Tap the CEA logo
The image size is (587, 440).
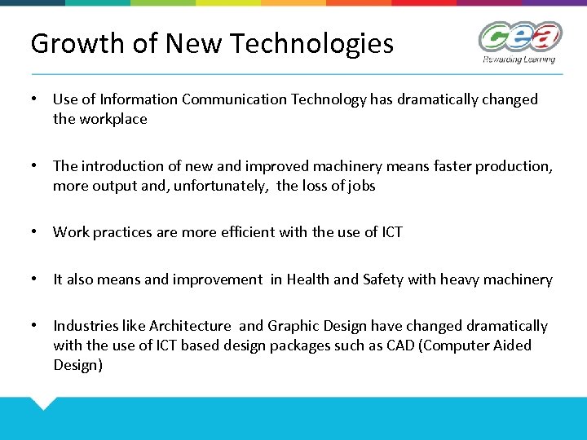(x=519, y=37)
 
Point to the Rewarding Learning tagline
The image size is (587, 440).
(x=519, y=59)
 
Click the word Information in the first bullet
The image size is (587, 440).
(x=139, y=99)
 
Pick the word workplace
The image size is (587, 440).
(x=113, y=119)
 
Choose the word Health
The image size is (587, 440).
(x=308, y=279)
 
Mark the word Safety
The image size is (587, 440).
(x=382, y=279)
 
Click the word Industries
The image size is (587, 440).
(x=86, y=326)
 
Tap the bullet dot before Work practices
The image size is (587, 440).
(x=34, y=232)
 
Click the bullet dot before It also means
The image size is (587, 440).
(x=34, y=279)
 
